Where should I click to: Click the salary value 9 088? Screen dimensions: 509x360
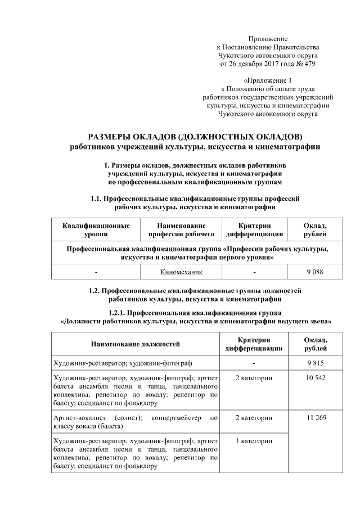(x=314, y=272)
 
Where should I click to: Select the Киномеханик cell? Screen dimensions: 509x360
(x=178, y=272)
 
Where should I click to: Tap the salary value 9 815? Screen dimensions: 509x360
(x=314, y=363)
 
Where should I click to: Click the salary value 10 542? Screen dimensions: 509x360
(x=314, y=378)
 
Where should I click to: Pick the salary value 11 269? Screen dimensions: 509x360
(x=314, y=418)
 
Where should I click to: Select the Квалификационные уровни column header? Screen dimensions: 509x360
(x=97, y=229)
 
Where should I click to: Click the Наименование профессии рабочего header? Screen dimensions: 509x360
(x=178, y=229)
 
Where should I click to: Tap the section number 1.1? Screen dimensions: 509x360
(x=97, y=199)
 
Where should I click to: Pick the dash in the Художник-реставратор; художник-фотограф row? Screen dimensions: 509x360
(x=254, y=363)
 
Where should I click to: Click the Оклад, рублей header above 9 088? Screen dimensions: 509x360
(x=314, y=229)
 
